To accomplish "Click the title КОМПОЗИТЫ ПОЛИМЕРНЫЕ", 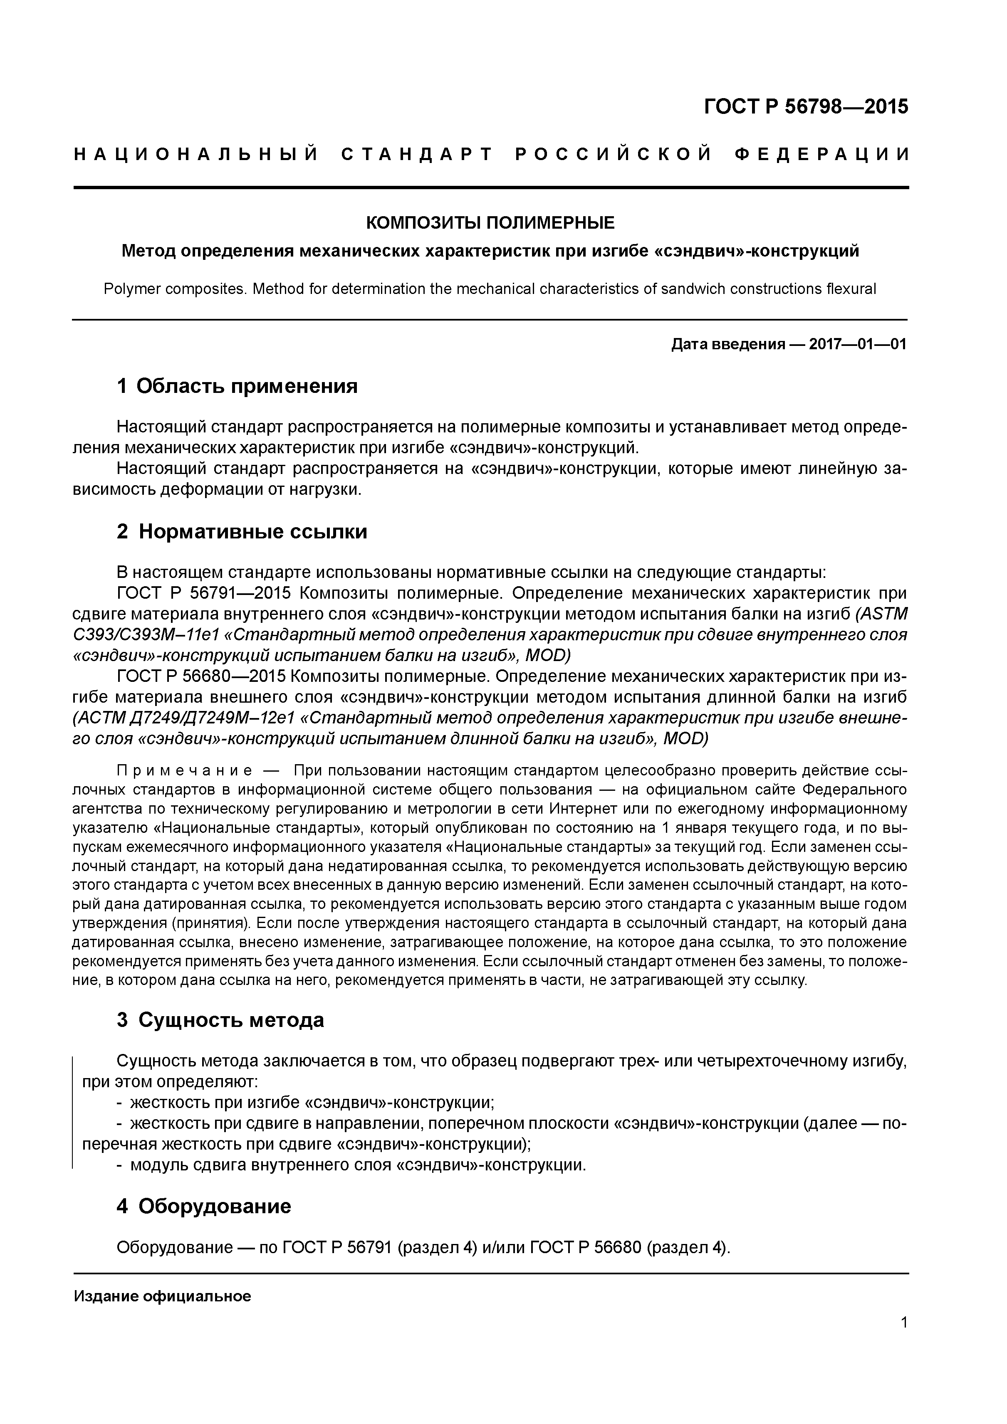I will point(490,222).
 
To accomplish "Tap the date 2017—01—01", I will point(858,344).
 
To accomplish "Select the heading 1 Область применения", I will point(237,386).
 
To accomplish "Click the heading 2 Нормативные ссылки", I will point(242,531).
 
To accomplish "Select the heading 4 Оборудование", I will point(203,1206).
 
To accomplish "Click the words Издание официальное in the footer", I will point(163,1296).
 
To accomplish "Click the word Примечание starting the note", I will point(185,771).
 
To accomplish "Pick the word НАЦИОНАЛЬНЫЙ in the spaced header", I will point(196,154).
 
